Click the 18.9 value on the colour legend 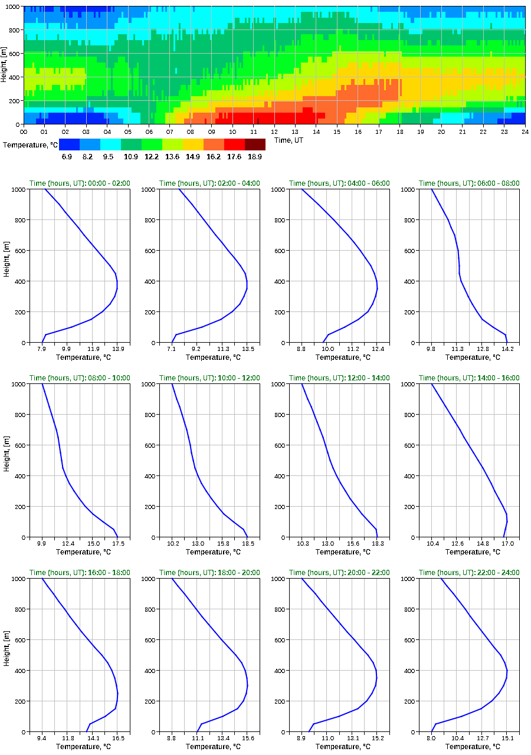pos(255,157)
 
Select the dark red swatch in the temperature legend pos(255,145)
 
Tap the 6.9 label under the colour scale pos(67,157)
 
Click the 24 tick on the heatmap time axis pos(525,132)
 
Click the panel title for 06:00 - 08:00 pos(469,183)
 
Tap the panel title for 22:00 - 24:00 pos(469,573)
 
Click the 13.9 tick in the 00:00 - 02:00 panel pos(117,349)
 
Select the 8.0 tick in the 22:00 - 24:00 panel pos(431,738)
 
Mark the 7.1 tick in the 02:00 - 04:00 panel pos(172,349)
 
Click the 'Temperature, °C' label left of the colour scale pos(30,145)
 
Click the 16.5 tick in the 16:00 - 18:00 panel pos(117,738)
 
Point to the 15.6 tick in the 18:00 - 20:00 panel pos(248,738)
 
